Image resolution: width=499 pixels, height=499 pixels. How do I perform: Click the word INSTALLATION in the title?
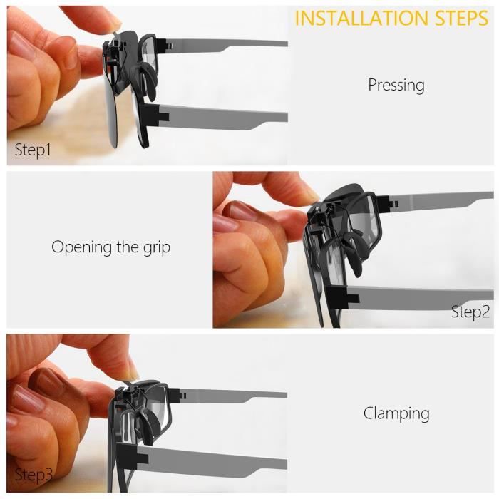[362, 18]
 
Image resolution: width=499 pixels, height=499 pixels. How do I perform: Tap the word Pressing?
[396, 86]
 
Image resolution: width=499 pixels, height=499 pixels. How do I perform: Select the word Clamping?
[396, 413]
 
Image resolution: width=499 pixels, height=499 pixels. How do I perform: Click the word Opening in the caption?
[81, 247]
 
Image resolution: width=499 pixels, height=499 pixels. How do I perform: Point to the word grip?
[157, 247]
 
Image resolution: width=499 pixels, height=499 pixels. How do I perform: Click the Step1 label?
[33, 150]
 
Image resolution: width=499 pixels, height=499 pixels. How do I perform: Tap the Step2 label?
[470, 312]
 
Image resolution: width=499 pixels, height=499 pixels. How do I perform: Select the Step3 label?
[34, 475]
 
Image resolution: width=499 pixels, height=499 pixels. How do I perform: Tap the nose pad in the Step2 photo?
[354, 253]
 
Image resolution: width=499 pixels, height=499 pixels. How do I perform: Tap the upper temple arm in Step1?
[222, 45]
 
